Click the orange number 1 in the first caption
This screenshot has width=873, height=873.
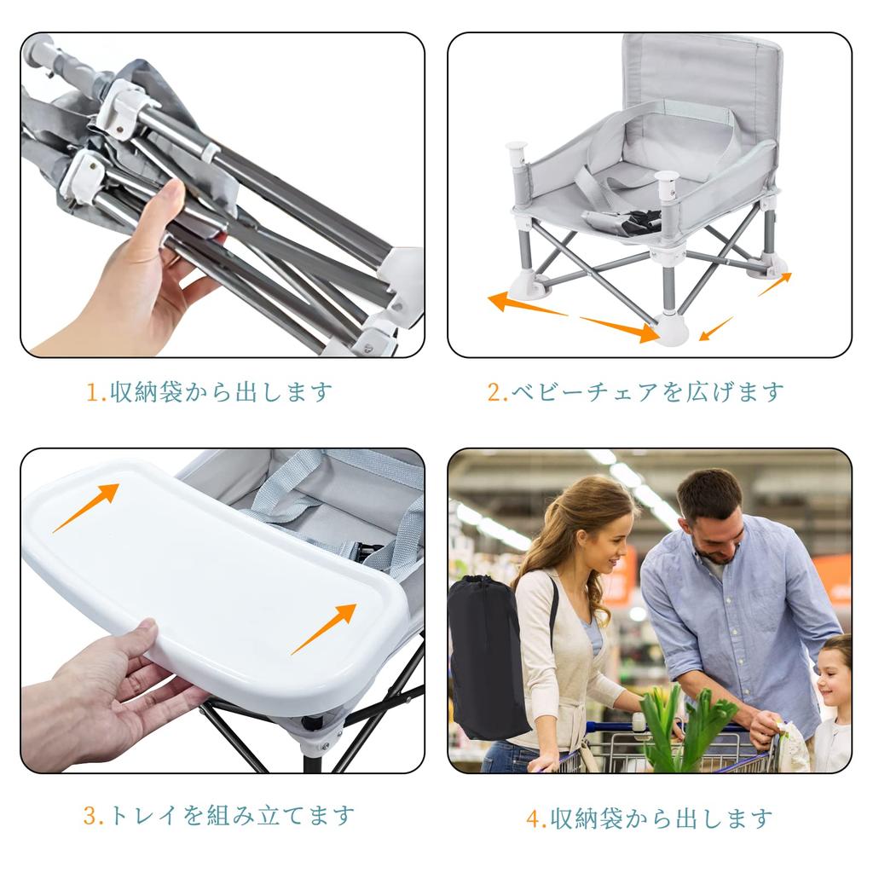(x=93, y=393)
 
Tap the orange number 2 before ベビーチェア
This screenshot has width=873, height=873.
(x=494, y=393)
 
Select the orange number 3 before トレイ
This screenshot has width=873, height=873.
(x=90, y=816)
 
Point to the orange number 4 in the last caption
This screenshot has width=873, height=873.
(x=535, y=820)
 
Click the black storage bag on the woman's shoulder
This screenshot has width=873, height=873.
(x=485, y=656)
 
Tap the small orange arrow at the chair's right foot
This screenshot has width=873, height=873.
(x=775, y=284)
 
